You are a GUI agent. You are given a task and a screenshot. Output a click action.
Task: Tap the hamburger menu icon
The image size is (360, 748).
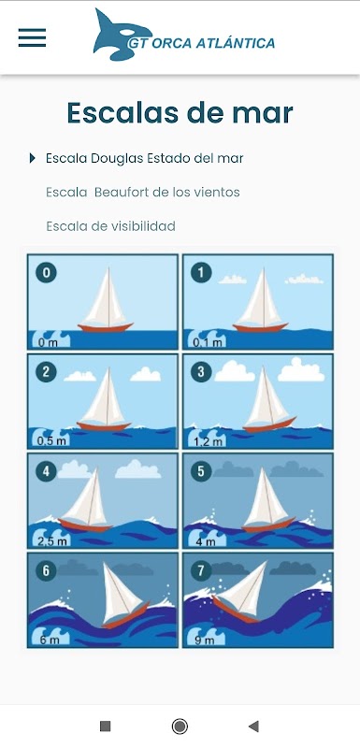point(32,37)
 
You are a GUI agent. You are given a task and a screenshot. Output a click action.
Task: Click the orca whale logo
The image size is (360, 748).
point(122,35)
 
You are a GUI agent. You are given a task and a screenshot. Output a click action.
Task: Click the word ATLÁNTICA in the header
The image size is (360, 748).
point(237,43)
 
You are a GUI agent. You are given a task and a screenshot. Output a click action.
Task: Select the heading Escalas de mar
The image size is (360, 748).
point(180,113)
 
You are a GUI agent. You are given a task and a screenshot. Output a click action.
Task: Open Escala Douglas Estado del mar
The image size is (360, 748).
point(145,158)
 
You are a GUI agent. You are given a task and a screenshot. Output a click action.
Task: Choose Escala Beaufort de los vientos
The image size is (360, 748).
point(142,193)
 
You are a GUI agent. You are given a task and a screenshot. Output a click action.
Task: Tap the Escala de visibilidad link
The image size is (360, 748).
point(110,226)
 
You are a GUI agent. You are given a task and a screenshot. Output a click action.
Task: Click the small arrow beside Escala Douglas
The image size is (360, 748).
point(33,158)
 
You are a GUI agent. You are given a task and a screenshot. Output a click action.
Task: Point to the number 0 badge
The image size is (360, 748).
point(46,273)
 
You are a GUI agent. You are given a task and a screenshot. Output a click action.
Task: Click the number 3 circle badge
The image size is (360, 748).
point(201,372)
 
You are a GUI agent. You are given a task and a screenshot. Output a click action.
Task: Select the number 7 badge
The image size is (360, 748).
point(201,571)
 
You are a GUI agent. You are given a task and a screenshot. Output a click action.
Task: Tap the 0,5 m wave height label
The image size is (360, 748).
point(51,440)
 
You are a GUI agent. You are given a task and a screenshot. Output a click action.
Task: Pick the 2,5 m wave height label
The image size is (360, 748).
point(52,540)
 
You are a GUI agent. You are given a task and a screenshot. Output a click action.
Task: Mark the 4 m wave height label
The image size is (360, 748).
point(205,540)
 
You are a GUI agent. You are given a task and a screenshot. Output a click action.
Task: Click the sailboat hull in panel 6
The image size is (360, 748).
point(125,617)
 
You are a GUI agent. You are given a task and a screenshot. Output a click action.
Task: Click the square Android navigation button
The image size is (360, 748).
point(106,726)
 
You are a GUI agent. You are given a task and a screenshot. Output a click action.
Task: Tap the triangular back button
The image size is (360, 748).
point(253,726)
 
